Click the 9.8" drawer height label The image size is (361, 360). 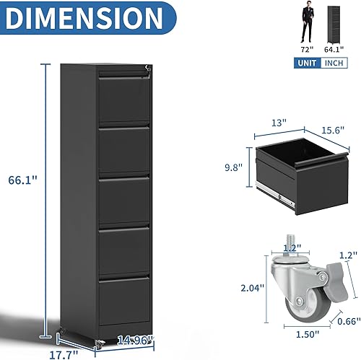pyautogui.click(x=232, y=167)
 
